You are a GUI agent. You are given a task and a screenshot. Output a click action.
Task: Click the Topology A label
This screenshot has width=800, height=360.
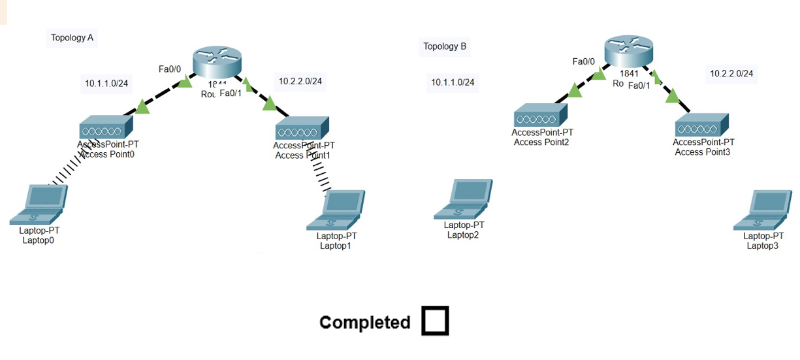[72, 38]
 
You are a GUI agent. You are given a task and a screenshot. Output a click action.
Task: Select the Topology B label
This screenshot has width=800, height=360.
[445, 46]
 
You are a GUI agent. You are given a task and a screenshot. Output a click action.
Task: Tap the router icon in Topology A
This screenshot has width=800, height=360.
[217, 63]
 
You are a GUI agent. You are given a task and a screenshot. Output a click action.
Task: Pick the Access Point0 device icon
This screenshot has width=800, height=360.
[106, 129]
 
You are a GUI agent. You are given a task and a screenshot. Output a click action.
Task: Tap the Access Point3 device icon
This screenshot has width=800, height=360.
[702, 124]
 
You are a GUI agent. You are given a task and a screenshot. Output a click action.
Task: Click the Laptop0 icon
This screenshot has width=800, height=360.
[39, 205]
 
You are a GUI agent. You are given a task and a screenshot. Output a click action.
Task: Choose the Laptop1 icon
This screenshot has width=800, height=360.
[336, 210]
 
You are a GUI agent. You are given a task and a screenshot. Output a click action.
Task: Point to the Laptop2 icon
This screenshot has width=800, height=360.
[463, 200]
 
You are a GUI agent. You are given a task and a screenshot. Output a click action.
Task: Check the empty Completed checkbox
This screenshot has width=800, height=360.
[435, 321]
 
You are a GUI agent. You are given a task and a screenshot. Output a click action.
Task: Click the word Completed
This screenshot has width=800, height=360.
[364, 322]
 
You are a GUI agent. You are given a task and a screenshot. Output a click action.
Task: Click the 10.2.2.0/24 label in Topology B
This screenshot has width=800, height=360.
[731, 74]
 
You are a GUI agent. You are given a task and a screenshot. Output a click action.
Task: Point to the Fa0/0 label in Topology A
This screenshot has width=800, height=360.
[170, 68]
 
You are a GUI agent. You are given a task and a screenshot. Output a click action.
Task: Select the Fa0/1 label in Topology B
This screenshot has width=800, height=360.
[639, 84]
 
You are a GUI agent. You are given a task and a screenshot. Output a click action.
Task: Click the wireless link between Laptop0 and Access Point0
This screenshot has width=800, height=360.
[67, 167]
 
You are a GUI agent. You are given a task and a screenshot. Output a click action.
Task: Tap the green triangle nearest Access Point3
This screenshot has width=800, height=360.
[672, 97]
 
